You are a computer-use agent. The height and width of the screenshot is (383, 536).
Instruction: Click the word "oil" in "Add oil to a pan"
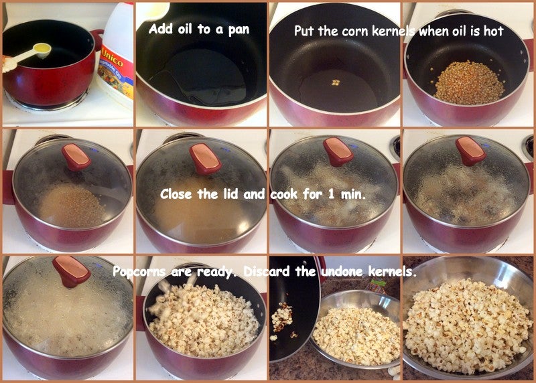click(185, 29)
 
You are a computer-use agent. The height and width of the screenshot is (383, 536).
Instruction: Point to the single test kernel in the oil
click(336, 82)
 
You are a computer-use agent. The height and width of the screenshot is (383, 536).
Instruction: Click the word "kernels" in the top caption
click(393, 31)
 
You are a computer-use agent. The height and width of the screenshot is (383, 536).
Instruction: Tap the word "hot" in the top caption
click(493, 31)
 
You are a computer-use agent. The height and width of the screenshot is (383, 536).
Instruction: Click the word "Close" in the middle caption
click(176, 194)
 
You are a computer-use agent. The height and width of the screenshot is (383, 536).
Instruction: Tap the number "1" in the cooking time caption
click(331, 194)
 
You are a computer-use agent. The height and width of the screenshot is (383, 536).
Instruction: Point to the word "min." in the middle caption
click(353, 194)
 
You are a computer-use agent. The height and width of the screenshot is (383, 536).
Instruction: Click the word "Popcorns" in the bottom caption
click(139, 272)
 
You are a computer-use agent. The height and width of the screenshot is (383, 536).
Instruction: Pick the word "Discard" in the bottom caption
click(266, 271)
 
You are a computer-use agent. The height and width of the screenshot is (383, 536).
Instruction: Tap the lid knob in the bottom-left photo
click(72, 271)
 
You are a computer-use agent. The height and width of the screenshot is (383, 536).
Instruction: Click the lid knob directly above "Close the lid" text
click(206, 159)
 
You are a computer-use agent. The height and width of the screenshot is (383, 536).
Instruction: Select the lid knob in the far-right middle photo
click(470, 151)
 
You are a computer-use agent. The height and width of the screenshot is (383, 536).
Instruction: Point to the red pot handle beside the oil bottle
click(97, 39)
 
